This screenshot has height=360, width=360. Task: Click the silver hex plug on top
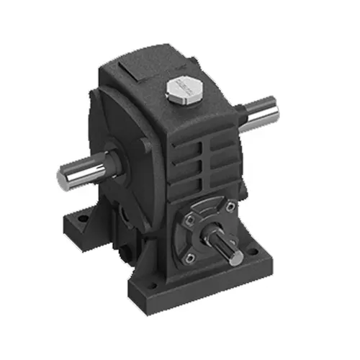(x=180, y=91)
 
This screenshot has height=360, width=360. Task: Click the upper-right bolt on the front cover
(x=229, y=208)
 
